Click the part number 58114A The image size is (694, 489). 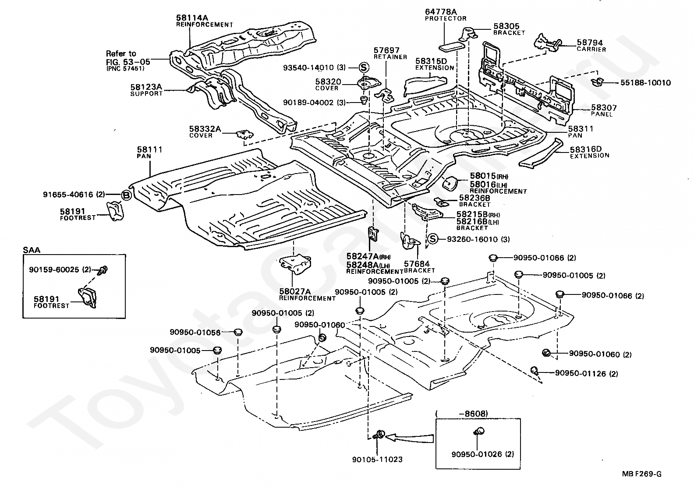(192, 18)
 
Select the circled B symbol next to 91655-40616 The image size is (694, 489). (126, 195)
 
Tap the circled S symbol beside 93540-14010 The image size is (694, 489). (364, 67)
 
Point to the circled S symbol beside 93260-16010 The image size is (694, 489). (432, 239)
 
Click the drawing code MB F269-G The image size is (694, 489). (641, 474)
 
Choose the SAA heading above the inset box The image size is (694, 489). (32, 250)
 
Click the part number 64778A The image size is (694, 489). (441, 12)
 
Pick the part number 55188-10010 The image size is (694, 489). (645, 83)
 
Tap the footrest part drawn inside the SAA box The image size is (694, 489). (87, 298)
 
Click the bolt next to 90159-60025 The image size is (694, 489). (103, 270)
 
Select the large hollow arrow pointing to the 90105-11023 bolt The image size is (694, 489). (410, 438)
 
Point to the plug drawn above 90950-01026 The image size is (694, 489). (479, 431)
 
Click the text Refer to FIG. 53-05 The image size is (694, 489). (128, 58)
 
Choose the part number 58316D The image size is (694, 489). (586, 149)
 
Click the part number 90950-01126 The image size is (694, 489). (580, 373)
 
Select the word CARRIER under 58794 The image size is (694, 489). (591, 49)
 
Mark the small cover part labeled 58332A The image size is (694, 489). (245, 135)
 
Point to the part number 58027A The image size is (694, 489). (294, 291)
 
